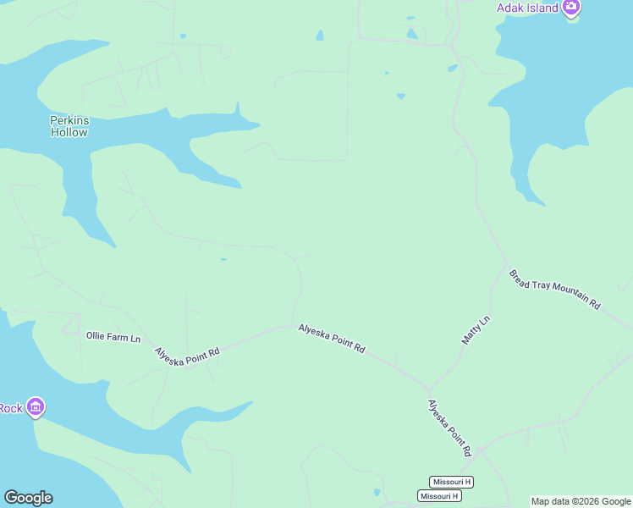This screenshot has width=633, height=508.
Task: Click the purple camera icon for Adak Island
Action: (x=572, y=8)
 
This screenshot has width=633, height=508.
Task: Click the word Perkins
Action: (x=69, y=120)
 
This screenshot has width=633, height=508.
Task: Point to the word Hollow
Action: (x=69, y=132)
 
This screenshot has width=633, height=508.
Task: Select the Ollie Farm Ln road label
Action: (x=113, y=336)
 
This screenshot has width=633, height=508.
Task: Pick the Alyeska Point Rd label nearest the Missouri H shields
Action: (x=449, y=428)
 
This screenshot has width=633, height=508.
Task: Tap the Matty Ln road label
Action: (x=476, y=329)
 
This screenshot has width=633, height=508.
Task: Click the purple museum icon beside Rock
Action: (x=35, y=407)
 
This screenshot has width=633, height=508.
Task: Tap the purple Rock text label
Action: (x=11, y=408)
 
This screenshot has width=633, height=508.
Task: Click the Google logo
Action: (x=28, y=498)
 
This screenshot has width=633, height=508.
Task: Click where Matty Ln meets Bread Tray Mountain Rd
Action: (x=505, y=262)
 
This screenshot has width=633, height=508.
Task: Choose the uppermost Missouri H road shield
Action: (x=451, y=482)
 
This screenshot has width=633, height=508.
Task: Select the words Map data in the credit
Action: (x=550, y=501)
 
